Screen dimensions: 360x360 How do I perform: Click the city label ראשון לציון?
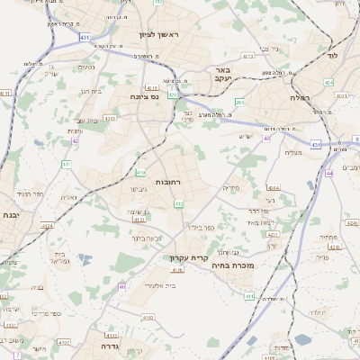(159, 34)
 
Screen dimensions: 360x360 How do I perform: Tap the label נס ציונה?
(145, 96)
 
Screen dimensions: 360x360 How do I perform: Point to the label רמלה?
(300, 96)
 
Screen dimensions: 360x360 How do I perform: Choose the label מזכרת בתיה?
(234, 265)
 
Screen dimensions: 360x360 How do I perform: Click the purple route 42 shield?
(76, 140)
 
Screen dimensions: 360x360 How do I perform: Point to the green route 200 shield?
(239, 103)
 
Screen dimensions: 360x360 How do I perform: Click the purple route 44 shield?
(330, 172)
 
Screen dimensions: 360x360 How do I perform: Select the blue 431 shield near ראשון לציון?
(84, 37)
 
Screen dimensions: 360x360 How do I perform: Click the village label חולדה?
(317, 312)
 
